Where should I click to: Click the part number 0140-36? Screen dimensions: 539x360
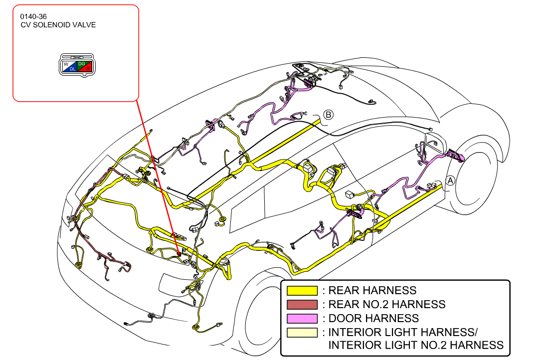pyautogui.click(x=33, y=16)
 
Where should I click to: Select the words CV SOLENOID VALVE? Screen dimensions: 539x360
pyautogui.click(x=58, y=25)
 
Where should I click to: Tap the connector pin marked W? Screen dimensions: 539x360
pyautogui.click(x=66, y=64)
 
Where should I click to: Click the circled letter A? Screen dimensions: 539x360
pyautogui.click(x=450, y=180)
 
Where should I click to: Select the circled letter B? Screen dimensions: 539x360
pyautogui.click(x=328, y=115)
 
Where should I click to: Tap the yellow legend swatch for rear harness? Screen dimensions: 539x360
pyautogui.click(x=302, y=291)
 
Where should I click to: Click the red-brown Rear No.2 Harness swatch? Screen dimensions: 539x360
pyautogui.click(x=302, y=305)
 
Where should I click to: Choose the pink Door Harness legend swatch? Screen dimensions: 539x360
pyautogui.click(x=302, y=319)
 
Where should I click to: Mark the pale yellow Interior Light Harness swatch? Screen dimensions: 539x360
pyautogui.click(x=302, y=333)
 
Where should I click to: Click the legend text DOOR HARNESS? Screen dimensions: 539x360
pyautogui.click(x=373, y=319)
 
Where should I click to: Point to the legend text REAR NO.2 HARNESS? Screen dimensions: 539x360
pyautogui.click(x=387, y=304)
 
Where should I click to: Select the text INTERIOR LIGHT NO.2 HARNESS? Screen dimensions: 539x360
pyautogui.click(x=416, y=345)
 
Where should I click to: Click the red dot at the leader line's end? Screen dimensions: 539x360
pyautogui.click(x=179, y=254)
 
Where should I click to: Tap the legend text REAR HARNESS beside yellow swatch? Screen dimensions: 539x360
pyautogui.click(x=372, y=291)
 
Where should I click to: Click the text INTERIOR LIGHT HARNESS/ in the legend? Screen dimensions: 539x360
pyautogui.click(x=403, y=332)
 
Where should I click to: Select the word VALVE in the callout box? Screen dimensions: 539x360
pyautogui.click(x=86, y=25)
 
